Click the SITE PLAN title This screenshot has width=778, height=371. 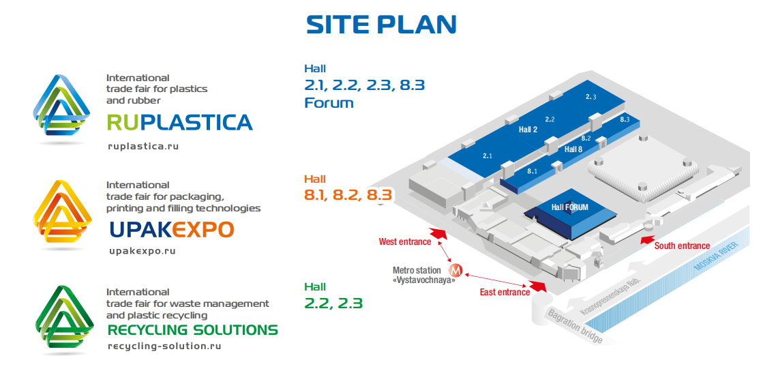(381, 25)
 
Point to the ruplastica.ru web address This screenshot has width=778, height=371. (143, 147)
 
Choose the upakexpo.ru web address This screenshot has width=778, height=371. (143, 252)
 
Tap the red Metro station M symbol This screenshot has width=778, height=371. (455, 270)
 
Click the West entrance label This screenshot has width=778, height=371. (405, 242)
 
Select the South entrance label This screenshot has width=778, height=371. (683, 246)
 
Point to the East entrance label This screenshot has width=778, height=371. (505, 292)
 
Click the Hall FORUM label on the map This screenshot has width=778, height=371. (569, 207)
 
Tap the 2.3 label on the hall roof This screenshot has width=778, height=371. (591, 98)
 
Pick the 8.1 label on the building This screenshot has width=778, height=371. (533, 171)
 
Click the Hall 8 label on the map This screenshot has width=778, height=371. (573, 149)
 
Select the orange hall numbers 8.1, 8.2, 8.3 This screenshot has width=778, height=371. (348, 195)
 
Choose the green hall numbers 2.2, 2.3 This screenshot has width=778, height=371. (333, 303)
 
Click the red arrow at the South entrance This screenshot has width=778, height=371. (645, 241)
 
